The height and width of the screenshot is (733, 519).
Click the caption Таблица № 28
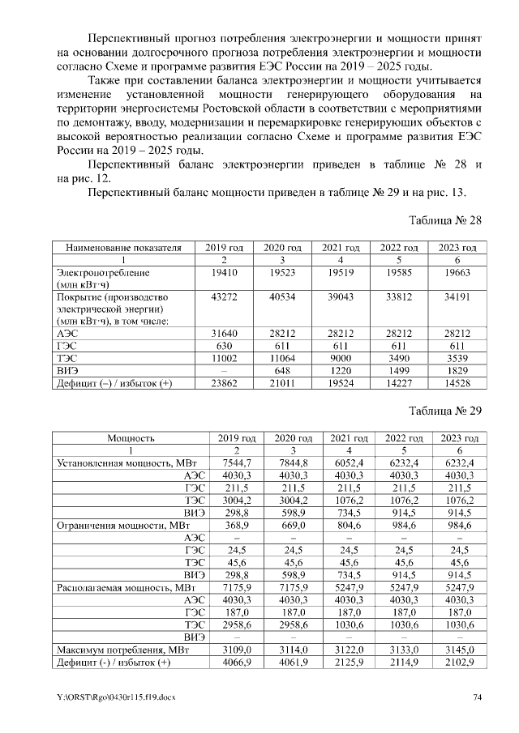click(x=445, y=220)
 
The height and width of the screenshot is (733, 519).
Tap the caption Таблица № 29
click(x=445, y=411)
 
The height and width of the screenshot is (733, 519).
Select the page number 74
click(x=478, y=697)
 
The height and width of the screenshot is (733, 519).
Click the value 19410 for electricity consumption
click(x=223, y=274)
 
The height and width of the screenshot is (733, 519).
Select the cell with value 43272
click(x=223, y=297)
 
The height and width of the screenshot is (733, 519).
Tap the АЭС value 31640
click(x=223, y=333)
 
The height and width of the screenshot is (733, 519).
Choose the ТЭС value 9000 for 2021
click(x=340, y=357)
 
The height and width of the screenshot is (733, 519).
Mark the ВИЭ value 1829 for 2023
click(x=457, y=369)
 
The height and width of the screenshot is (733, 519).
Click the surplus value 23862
click(x=223, y=381)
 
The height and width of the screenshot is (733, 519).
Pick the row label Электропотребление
click(x=97, y=274)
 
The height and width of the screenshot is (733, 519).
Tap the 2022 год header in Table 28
click(x=398, y=247)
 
